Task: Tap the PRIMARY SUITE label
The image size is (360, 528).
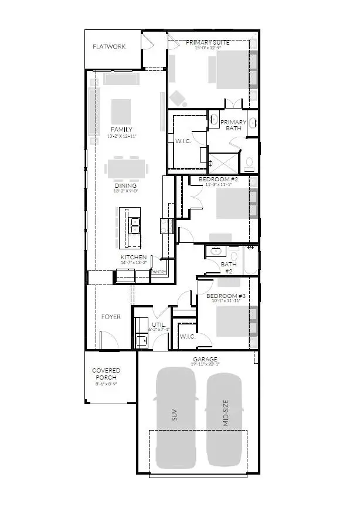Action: pyautogui.click(x=208, y=43)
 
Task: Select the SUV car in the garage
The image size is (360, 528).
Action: pyautogui.click(x=175, y=417)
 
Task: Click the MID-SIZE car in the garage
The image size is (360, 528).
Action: pyautogui.click(x=225, y=419)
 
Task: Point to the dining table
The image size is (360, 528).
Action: pyautogui.click(x=125, y=168)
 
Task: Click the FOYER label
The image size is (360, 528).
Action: pyautogui.click(x=111, y=317)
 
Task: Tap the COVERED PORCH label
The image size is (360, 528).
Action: pyautogui.click(x=106, y=374)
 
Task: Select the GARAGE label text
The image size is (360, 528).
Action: pyautogui.click(x=205, y=359)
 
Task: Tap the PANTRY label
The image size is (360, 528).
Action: pyautogui.click(x=159, y=272)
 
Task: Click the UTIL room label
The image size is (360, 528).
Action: pyautogui.click(x=157, y=324)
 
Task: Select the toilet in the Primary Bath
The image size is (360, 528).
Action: pyautogui.click(x=249, y=161)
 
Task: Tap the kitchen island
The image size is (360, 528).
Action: pyautogui.click(x=130, y=228)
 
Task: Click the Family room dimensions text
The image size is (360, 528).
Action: pyautogui.click(x=121, y=136)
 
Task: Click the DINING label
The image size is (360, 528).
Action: pyautogui.click(x=125, y=185)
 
